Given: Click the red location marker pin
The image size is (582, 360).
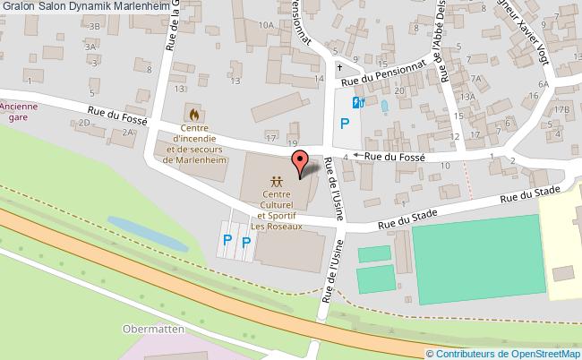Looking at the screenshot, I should [x=300, y=162].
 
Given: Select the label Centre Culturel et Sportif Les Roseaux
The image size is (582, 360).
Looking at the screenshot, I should [x=277, y=210].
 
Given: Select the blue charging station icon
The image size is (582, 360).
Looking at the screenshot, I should [x=357, y=102].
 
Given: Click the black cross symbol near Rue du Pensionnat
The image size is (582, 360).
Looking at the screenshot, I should [x=338, y=66].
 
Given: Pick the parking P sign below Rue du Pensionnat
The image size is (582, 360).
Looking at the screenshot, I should [x=344, y=124].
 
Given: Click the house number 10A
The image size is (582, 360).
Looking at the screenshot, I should [x=266, y=26].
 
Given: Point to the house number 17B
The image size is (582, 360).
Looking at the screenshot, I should [x=561, y=109].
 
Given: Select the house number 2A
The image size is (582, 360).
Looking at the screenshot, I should [x=129, y=132].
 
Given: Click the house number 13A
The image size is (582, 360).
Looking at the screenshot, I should [x=466, y=97].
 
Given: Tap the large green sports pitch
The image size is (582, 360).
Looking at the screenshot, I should [x=478, y=256].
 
